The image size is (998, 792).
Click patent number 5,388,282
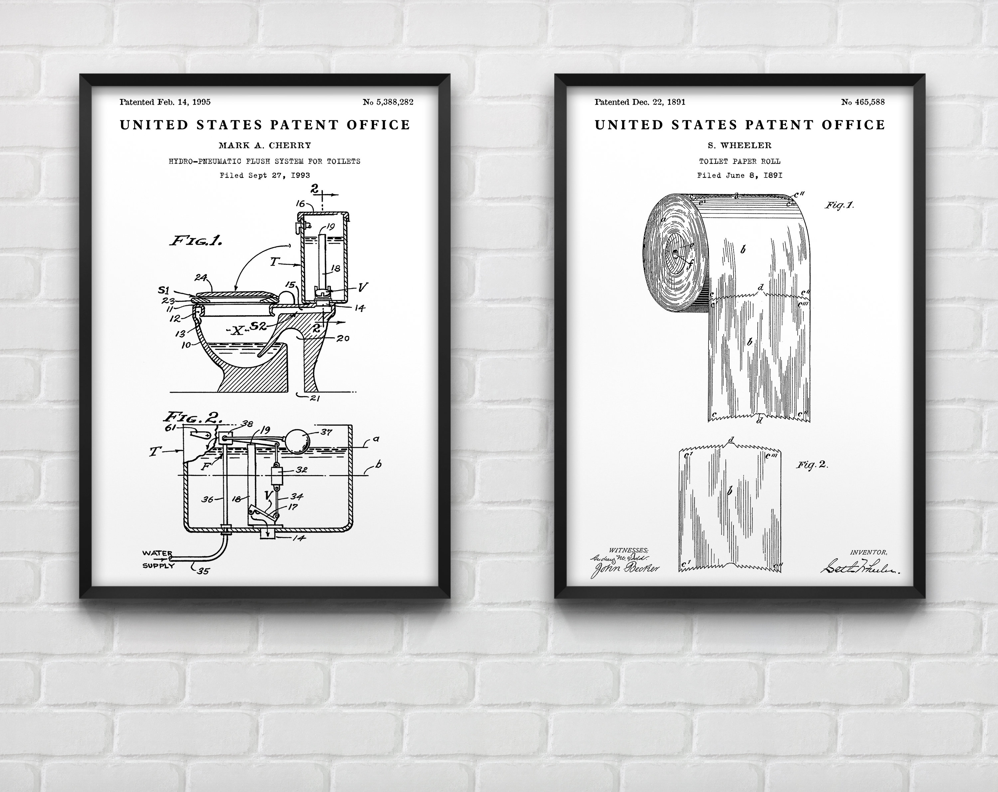[x=388, y=102]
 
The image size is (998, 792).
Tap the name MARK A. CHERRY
[x=265, y=145]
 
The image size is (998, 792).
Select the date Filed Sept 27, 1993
[x=265, y=175]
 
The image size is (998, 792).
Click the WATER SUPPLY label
[x=158, y=559]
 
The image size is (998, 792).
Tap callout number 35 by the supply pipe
[x=203, y=571]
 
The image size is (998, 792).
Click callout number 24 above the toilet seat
[x=201, y=278]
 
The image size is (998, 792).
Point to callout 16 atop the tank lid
[x=300, y=203]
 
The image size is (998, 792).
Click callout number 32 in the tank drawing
[x=301, y=470]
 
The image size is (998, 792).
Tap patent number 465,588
[x=863, y=102]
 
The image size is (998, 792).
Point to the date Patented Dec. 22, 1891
[x=640, y=102]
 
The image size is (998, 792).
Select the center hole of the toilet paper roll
[x=675, y=253]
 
